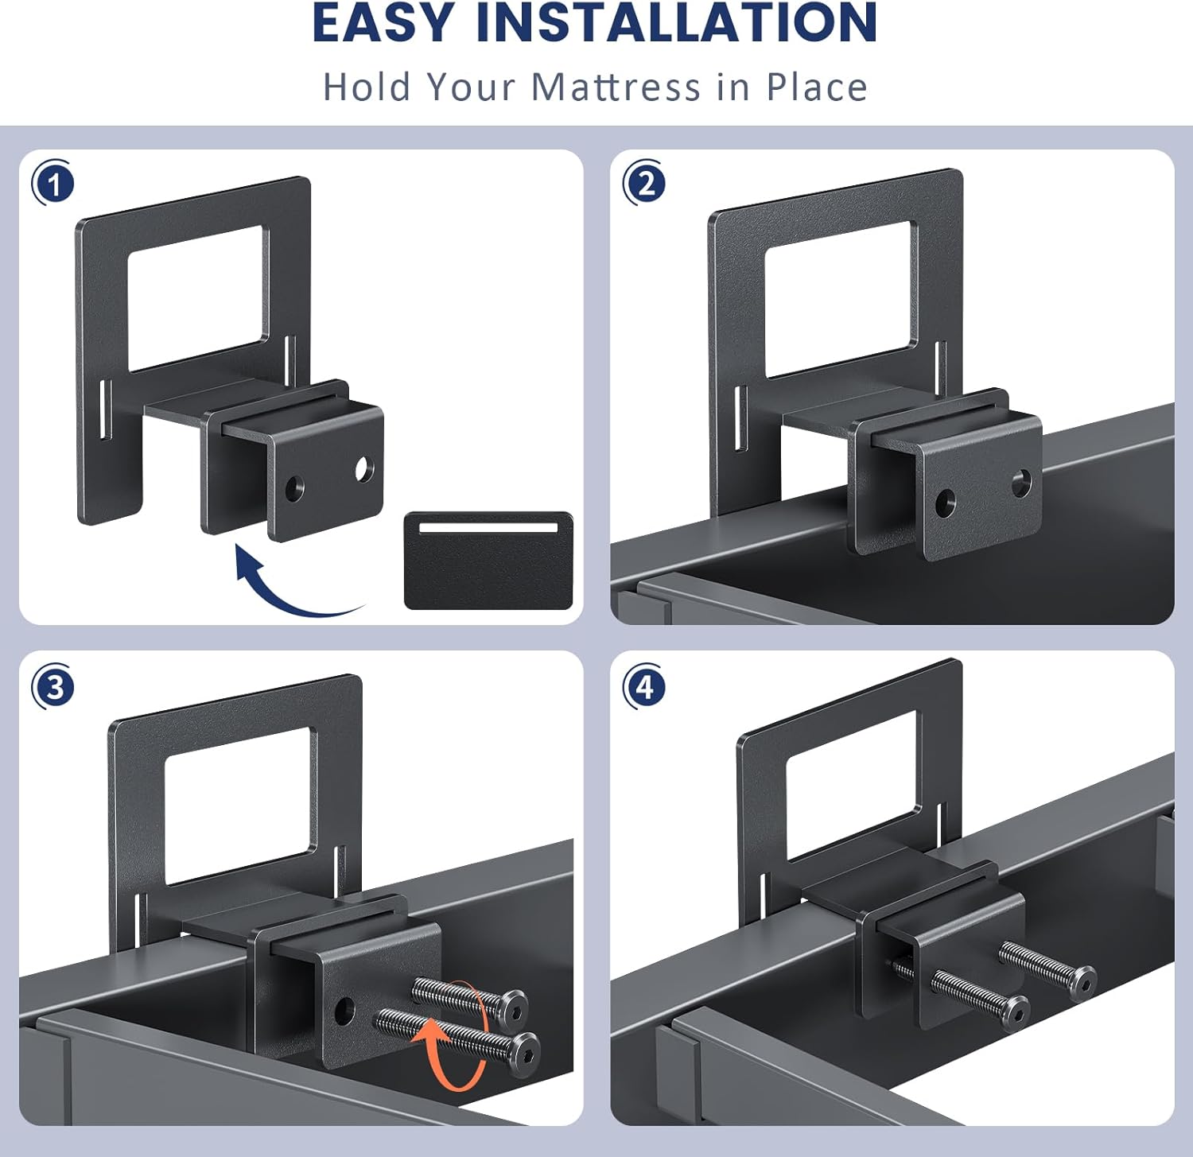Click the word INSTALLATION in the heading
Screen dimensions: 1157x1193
tap(676, 23)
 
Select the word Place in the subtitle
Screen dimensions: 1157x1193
tap(816, 87)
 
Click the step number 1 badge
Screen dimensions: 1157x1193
tap(53, 184)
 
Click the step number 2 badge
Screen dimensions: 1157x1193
tap(645, 184)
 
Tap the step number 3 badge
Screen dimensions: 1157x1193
tap(53, 687)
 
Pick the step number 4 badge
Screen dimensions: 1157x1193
tap(645, 687)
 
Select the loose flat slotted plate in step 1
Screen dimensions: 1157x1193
tap(488, 560)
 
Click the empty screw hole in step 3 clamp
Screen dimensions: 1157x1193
tap(344, 1011)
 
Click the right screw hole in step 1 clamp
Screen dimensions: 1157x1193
tap(363, 469)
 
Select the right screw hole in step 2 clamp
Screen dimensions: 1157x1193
tap(1021, 481)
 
